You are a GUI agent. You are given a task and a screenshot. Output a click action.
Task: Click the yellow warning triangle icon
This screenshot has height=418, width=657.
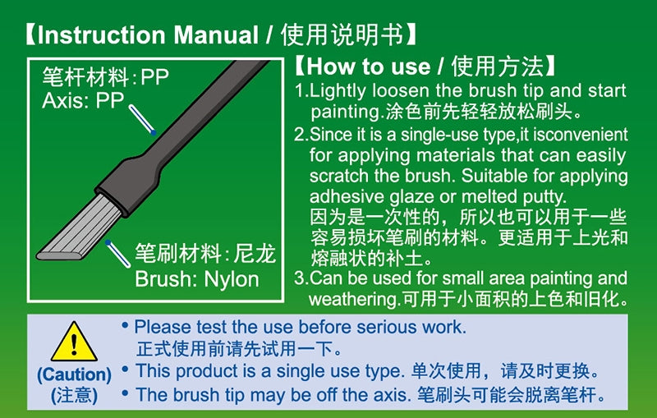74,342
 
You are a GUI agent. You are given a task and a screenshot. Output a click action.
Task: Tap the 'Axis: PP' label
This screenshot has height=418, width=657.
82,102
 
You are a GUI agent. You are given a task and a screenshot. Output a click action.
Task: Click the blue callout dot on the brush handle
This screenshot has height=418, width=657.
153,131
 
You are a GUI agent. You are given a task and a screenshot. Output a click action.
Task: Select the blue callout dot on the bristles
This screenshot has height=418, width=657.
108,241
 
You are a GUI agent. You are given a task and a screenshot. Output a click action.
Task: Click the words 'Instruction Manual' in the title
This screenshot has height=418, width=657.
148,36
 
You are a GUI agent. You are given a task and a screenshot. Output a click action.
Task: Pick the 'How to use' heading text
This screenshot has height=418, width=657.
368,67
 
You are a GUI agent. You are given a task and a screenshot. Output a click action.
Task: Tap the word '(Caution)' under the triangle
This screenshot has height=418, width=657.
74,374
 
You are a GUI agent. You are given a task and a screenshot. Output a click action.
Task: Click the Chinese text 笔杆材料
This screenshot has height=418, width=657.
85,79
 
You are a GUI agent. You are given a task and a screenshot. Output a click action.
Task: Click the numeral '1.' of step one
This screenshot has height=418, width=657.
301,90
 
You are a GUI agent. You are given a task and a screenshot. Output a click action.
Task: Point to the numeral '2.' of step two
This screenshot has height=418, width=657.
301,134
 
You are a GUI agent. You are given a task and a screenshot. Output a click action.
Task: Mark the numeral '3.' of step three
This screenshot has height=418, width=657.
301,278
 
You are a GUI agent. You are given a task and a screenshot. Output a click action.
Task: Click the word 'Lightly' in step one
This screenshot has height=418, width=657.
336,90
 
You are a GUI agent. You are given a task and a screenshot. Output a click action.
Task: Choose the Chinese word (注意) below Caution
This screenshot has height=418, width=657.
74,395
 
